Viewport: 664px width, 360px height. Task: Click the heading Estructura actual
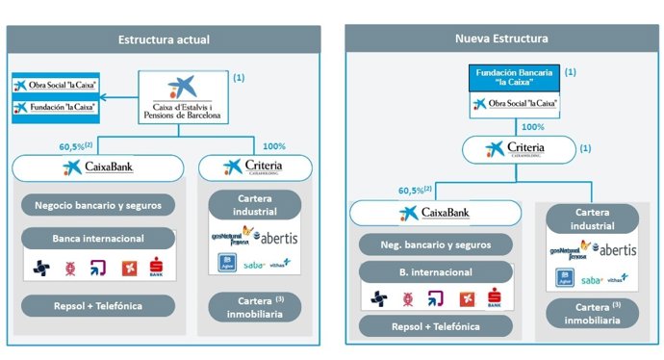tap(164, 39)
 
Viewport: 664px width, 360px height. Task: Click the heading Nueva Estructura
tap(501, 39)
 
